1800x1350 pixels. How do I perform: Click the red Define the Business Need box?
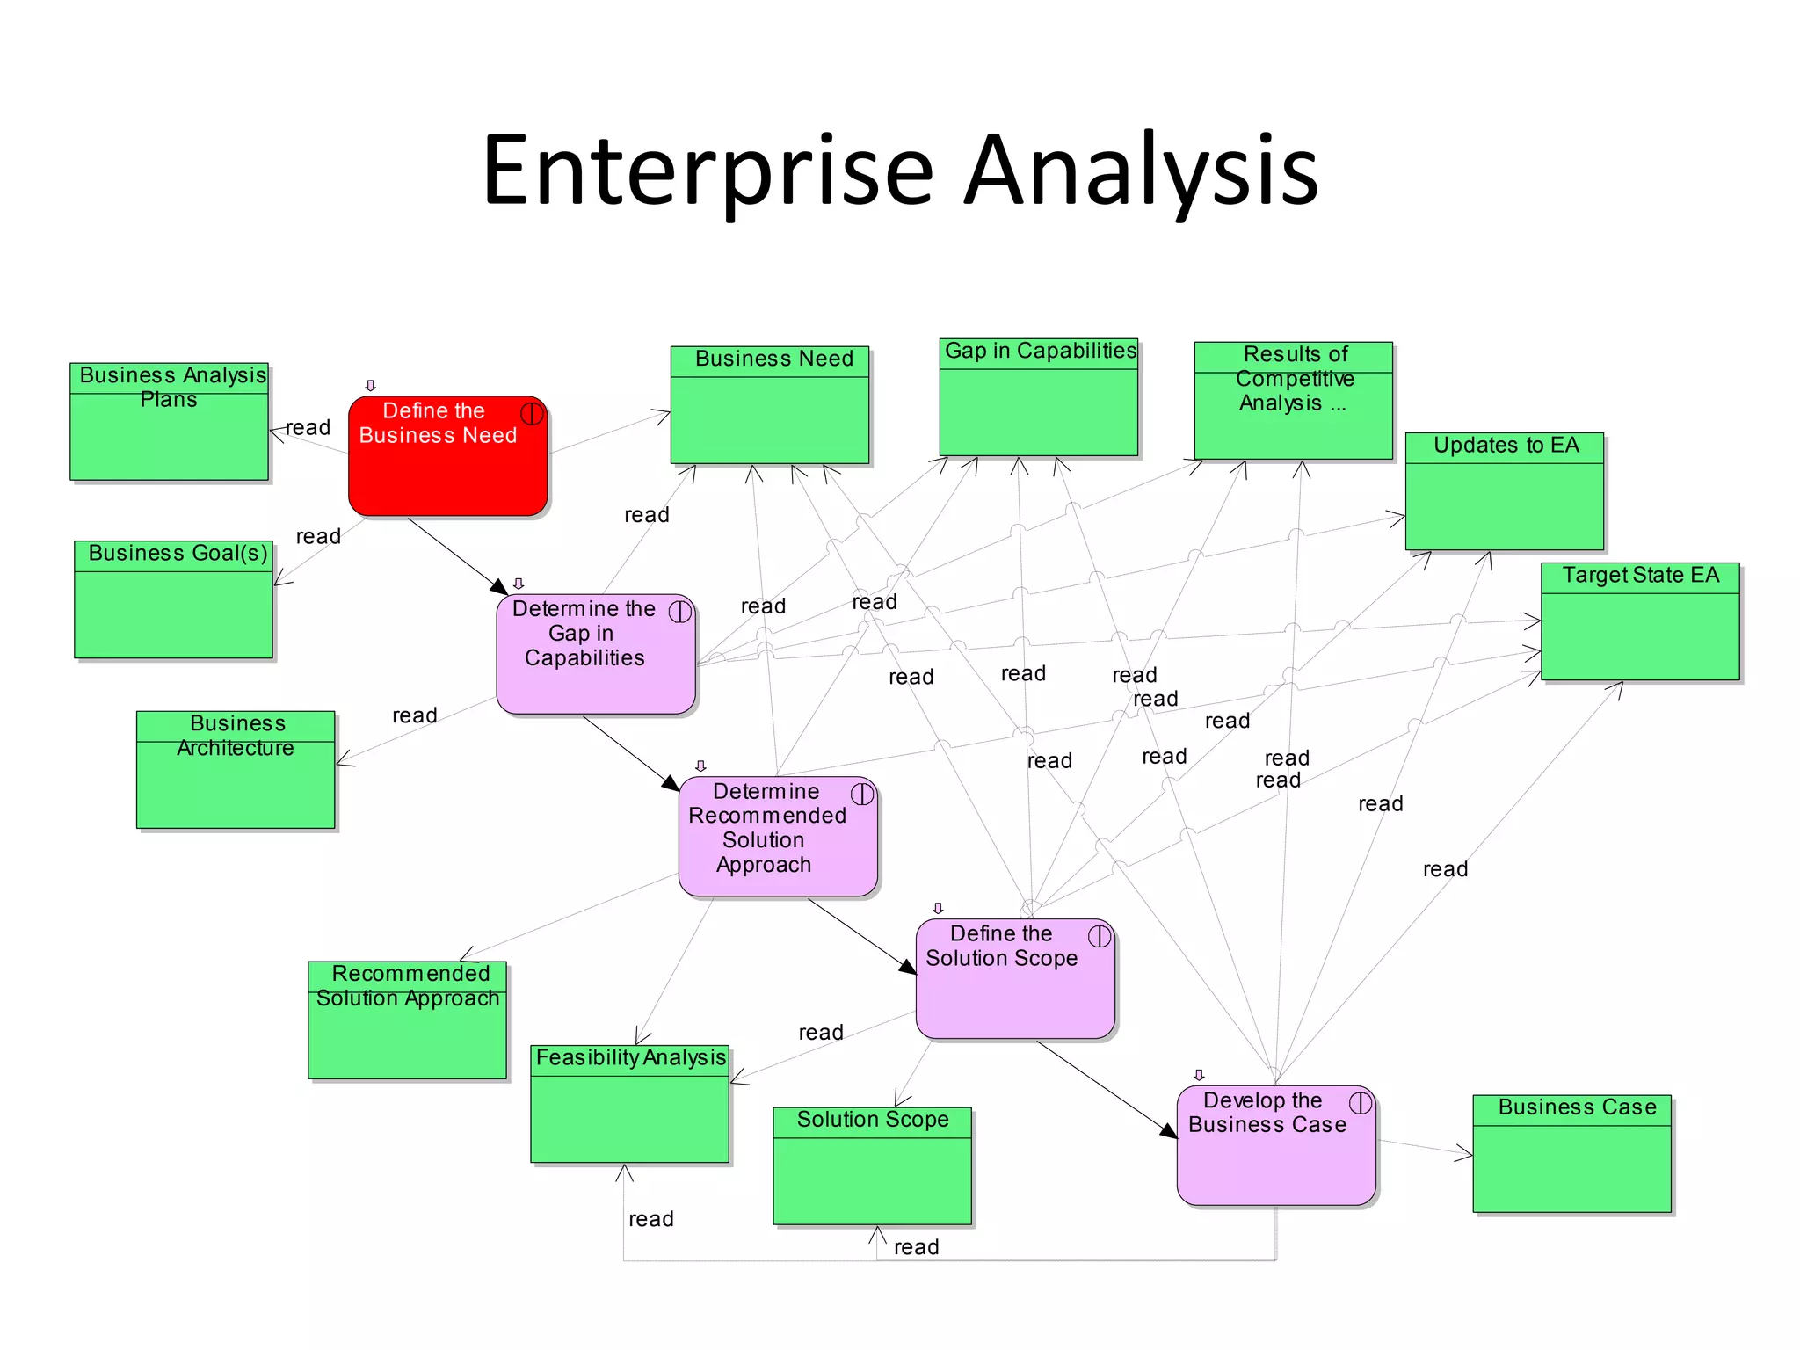(x=446, y=457)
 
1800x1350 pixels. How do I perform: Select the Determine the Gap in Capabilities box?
(x=595, y=655)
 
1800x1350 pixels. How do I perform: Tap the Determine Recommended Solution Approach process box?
(x=777, y=836)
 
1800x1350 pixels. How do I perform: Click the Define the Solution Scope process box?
(x=1014, y=978)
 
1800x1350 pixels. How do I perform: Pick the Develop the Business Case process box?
(x=1275, y=1145)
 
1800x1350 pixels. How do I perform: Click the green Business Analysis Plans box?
(x=169, y=422)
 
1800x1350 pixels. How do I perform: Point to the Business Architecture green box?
(x=236, y=770)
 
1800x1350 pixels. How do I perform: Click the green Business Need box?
(x=769, y=405)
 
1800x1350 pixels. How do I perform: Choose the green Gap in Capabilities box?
(x=1038, y=397)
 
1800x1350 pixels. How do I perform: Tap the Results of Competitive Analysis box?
(x=1293, y=401)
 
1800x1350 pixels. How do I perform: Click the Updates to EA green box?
(x=1504, y=492)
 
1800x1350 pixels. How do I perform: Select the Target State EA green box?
(x=1639, y=621)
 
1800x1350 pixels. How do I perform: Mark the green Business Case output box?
(x=1571, y=1154)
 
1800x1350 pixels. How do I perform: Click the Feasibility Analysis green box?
(x=629, y=1104)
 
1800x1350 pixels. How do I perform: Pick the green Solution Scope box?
(x=872, y=1165)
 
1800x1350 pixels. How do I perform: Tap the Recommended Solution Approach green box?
(x=407, y=1020)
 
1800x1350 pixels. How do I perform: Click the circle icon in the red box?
(x=532, y=413)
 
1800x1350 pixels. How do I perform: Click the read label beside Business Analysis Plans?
(x=308, y=428)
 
